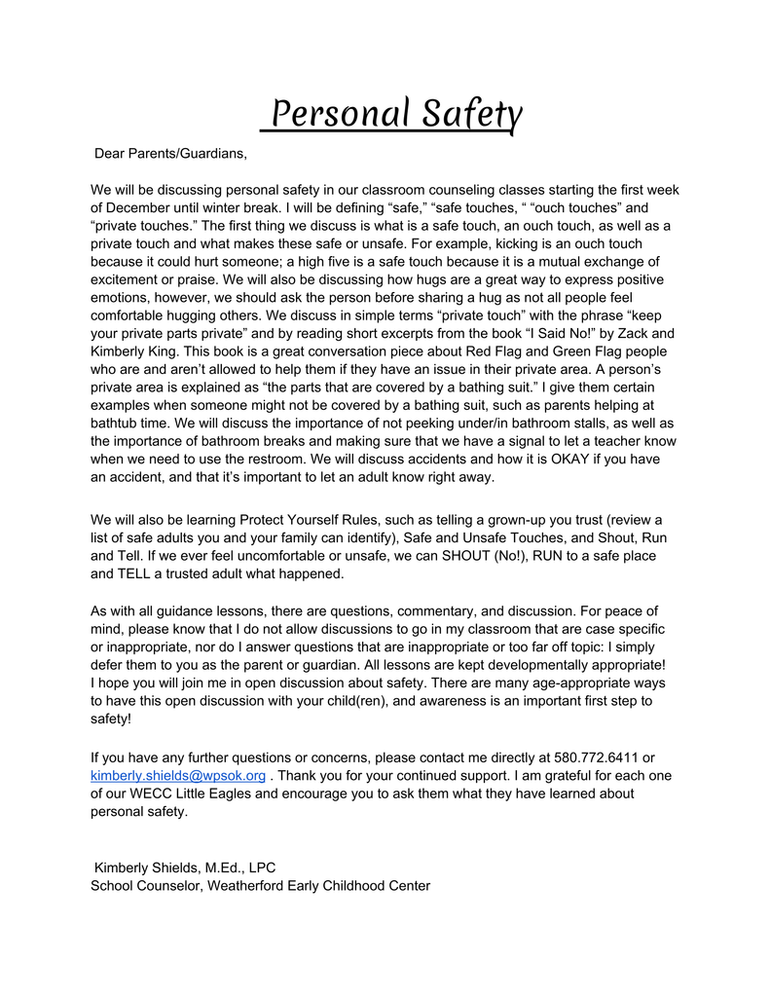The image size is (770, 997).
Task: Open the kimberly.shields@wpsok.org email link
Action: tap(177, 775)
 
